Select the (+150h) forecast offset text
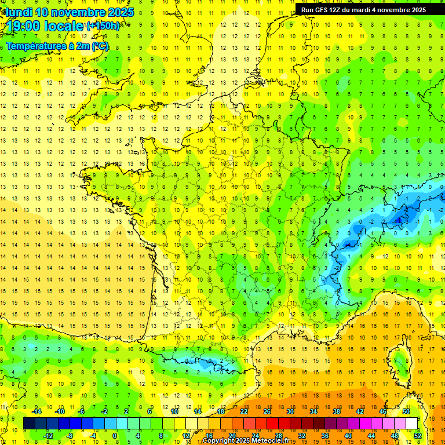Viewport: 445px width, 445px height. [103, 26]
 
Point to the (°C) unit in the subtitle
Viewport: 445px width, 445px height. [99, 46]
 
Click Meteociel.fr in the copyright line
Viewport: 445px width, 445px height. [275, 441]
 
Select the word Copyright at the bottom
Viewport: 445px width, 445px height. [221, 441]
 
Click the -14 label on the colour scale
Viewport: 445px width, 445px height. [37, 411]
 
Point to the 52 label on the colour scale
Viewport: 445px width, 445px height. [417, 436]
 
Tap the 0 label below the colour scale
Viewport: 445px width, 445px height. [114, 436]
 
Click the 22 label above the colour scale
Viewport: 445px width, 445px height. [244, 411]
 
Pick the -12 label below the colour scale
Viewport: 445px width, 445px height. [49, 436]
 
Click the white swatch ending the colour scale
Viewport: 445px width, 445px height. [411, 424]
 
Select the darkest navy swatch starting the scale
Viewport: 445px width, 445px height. [29, 424]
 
